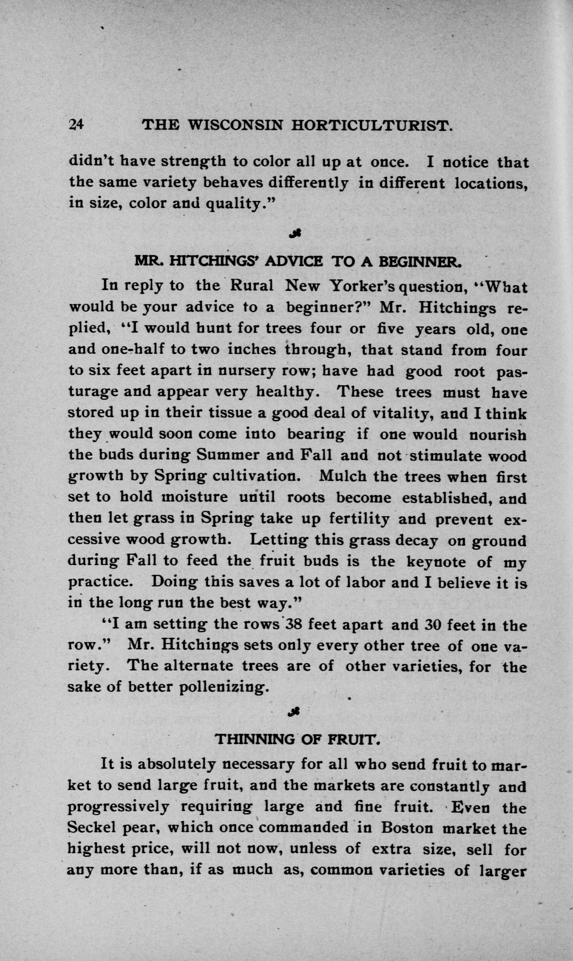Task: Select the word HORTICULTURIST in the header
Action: pyautogui.click(x=371, y=124)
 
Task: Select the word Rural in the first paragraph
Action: pyautogui.click(x=252, y=286)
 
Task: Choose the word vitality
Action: pyautogui.click(x=401, y=413)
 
